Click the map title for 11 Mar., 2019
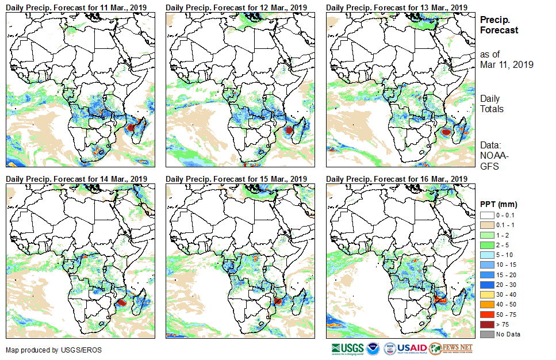[76, 7]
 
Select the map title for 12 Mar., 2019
[236, 7]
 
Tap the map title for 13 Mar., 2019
[396, 7]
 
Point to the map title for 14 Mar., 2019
[76, 179]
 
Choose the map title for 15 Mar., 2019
[236, 179]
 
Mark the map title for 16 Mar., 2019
[396, 179]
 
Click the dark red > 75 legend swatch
[486, 324]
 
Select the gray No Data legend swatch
[486, 334]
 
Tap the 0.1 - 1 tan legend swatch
[486, 225]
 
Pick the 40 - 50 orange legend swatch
[486, 304]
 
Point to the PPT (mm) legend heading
[499, 204]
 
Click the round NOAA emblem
[373, 348]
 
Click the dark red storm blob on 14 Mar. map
[121, 301]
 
